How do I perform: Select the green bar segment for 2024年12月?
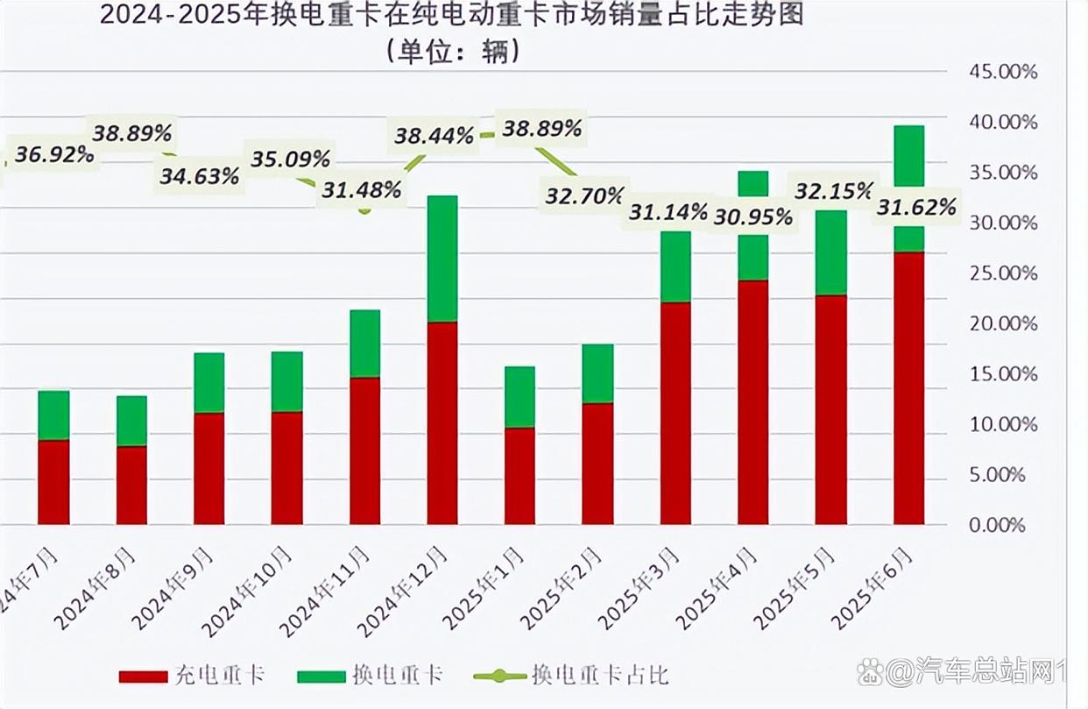pos(442,259)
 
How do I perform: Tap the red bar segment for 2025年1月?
pos(519,476)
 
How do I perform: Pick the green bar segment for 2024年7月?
pos(53,415)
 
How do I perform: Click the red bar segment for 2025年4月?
pos(752,402)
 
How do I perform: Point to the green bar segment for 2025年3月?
pos(675,267)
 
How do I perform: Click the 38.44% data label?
pos(434,136)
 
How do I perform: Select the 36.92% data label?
pos(54,155)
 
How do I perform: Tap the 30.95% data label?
pos(752,216)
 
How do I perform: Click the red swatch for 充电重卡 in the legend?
pos(142,676)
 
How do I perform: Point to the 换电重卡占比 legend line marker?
pos(499,676)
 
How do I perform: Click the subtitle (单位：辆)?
pos(452,52)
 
